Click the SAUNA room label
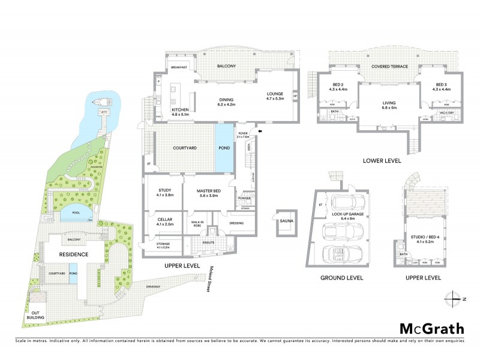pos(285,221)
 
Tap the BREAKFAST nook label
pos(179,68)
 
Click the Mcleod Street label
pos(211,279)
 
